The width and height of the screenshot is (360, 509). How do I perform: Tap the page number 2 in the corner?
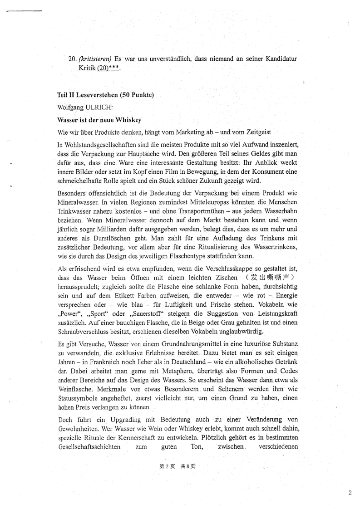click(350, 493)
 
